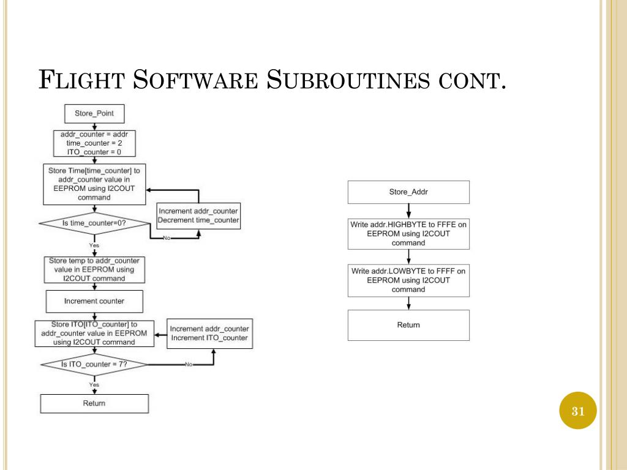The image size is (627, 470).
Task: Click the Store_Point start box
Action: click(x=94, y=113)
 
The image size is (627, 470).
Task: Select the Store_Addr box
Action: click(x=408, y=192)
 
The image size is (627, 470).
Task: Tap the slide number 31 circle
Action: click(x=578, y=411)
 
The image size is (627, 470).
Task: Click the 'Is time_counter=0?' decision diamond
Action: click(x=94, y=223)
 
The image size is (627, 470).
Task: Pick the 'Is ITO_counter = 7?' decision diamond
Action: click(x=94, y=364)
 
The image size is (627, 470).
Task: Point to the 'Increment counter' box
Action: click(x=94, y=301)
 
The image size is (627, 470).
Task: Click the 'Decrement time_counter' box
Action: click(x=198, y=215)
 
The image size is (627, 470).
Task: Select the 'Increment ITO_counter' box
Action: click(x=209, y=334)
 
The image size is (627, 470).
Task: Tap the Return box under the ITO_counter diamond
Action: click(x=94, y=403)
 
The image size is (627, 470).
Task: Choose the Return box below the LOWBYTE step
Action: click(x=408, y=325)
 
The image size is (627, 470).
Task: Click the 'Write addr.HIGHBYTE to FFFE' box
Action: click(x=408, y=234)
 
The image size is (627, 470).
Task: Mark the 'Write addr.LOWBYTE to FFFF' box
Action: click(x=408, y=280)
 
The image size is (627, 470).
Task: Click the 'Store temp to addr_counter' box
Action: click(x=94, y=269)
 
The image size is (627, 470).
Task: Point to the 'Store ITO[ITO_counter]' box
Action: click(x=94, y=333)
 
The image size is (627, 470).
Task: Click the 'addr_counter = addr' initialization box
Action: click(x=94, y=143)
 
